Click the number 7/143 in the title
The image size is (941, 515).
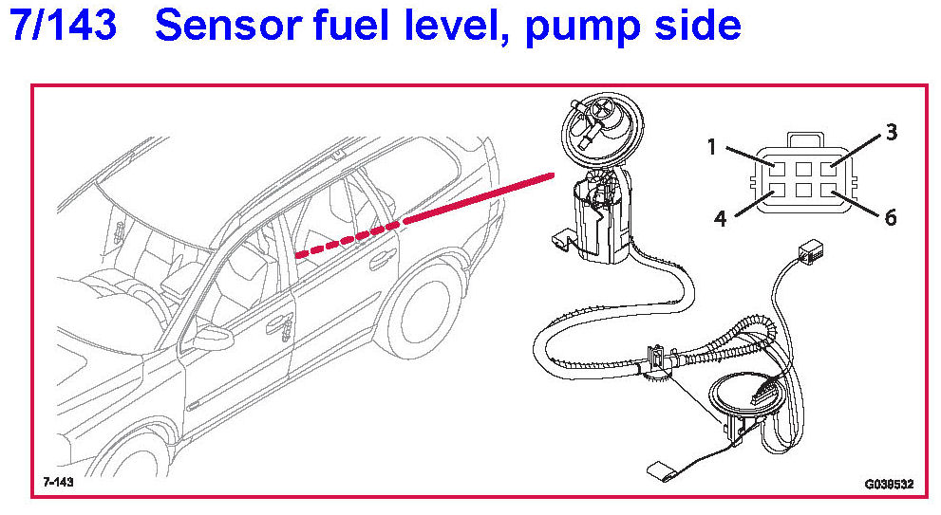(64, 26)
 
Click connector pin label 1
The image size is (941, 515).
(711, 147)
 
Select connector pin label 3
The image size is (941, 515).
(891, 133)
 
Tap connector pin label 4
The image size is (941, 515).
(720, 219)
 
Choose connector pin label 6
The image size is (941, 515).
(890, 218)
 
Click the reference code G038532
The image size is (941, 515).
(888, 484)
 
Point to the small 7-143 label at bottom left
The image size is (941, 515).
(58, 482)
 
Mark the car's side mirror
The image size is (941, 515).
(207, 337)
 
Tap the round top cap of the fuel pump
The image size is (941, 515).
(598, 127)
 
